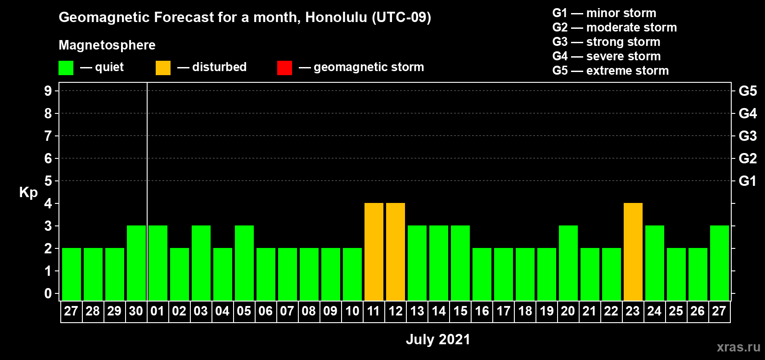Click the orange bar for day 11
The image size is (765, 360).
(373, 252)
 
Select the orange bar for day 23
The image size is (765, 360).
(633, 252)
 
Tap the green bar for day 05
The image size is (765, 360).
(244, 263)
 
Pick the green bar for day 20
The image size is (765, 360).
(568, 263)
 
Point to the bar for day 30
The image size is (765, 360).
(136, 263)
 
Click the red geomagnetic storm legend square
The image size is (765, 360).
(284, 67)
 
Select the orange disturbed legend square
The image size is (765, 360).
(163, 67)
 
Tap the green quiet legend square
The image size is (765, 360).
(66, 67)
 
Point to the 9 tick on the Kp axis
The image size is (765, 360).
(48, 91)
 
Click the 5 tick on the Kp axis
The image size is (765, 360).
(48, 181)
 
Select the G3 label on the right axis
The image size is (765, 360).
(747, 136)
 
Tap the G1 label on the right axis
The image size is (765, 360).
(747, 181)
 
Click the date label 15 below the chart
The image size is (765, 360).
(460, 311)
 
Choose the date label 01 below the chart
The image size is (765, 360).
(157, 311)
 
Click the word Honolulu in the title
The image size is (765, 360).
(336, 18)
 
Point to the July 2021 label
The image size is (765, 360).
(438, 339)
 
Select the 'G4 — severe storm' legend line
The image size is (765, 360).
(607, 56)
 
